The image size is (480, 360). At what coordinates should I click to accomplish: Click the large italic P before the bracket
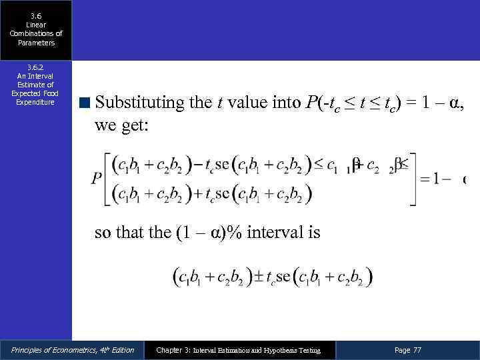(x=97, y=180)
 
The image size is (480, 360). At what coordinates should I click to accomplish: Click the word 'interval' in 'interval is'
(x=274, y=233)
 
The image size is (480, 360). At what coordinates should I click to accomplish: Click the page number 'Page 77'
(x=408, y=350)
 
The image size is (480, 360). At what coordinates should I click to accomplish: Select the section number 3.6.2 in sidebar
(x=36, y=67)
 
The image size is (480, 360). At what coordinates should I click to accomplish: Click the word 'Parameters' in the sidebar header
(x=36, y=43)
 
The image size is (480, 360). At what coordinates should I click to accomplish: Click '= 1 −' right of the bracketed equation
(x=437, y=180)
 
